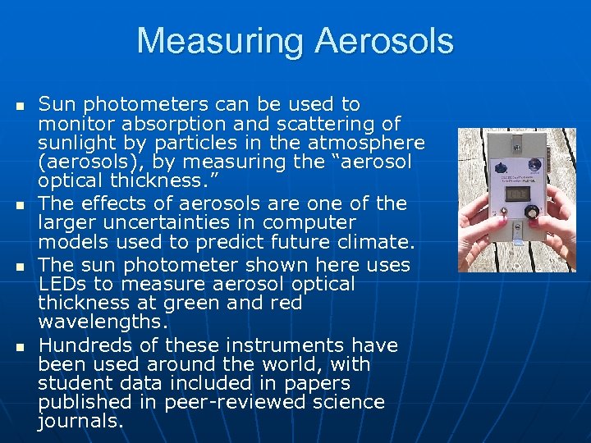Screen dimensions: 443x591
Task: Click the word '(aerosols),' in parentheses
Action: (85, 162)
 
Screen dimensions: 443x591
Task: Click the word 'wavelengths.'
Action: (103, 322)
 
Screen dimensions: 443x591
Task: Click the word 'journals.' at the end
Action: (80, 422)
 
